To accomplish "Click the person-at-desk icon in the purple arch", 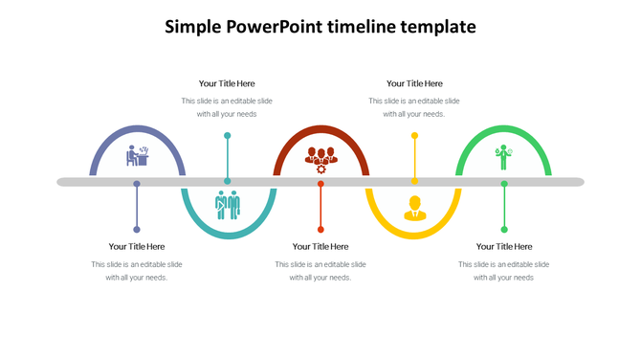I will pyautogui.click(x=138, y=156).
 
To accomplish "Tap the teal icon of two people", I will pyautogui.click(x=228, y=205).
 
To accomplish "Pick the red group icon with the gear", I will pyautogui.click(x=321, y=158).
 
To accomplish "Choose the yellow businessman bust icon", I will pyautogui.click(x=414, y=207).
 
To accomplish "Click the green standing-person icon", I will pyautogui.click(x=504, y=157).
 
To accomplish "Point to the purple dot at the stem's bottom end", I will pyautogui.click(x=137, y=229).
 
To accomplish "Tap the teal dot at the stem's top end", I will pyautogui.click(x=227, y=136).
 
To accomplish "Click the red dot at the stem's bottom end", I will pyautogui.click(x=320, y=229).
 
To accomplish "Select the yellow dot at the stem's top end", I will pyautogui.click(x=414, y=136).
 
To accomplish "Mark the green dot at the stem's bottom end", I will pyautogui.click(x=504, y=229).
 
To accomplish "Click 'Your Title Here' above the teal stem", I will pyautogui.click(x=227, y=83).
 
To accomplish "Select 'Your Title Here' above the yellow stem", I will pyautogui.click(x=414, y=83).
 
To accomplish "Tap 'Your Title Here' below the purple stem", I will pyautogui.click(x=137, y=246).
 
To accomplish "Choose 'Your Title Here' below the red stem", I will pyautogui.click(x=320, y=246).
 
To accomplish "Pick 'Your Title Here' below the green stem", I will pyautogui.click(x=504, y=246).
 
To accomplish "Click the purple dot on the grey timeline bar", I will pyautogui.click(x=137, y=183).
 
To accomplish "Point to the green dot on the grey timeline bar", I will pyautogui.click(x=504, y=183).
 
